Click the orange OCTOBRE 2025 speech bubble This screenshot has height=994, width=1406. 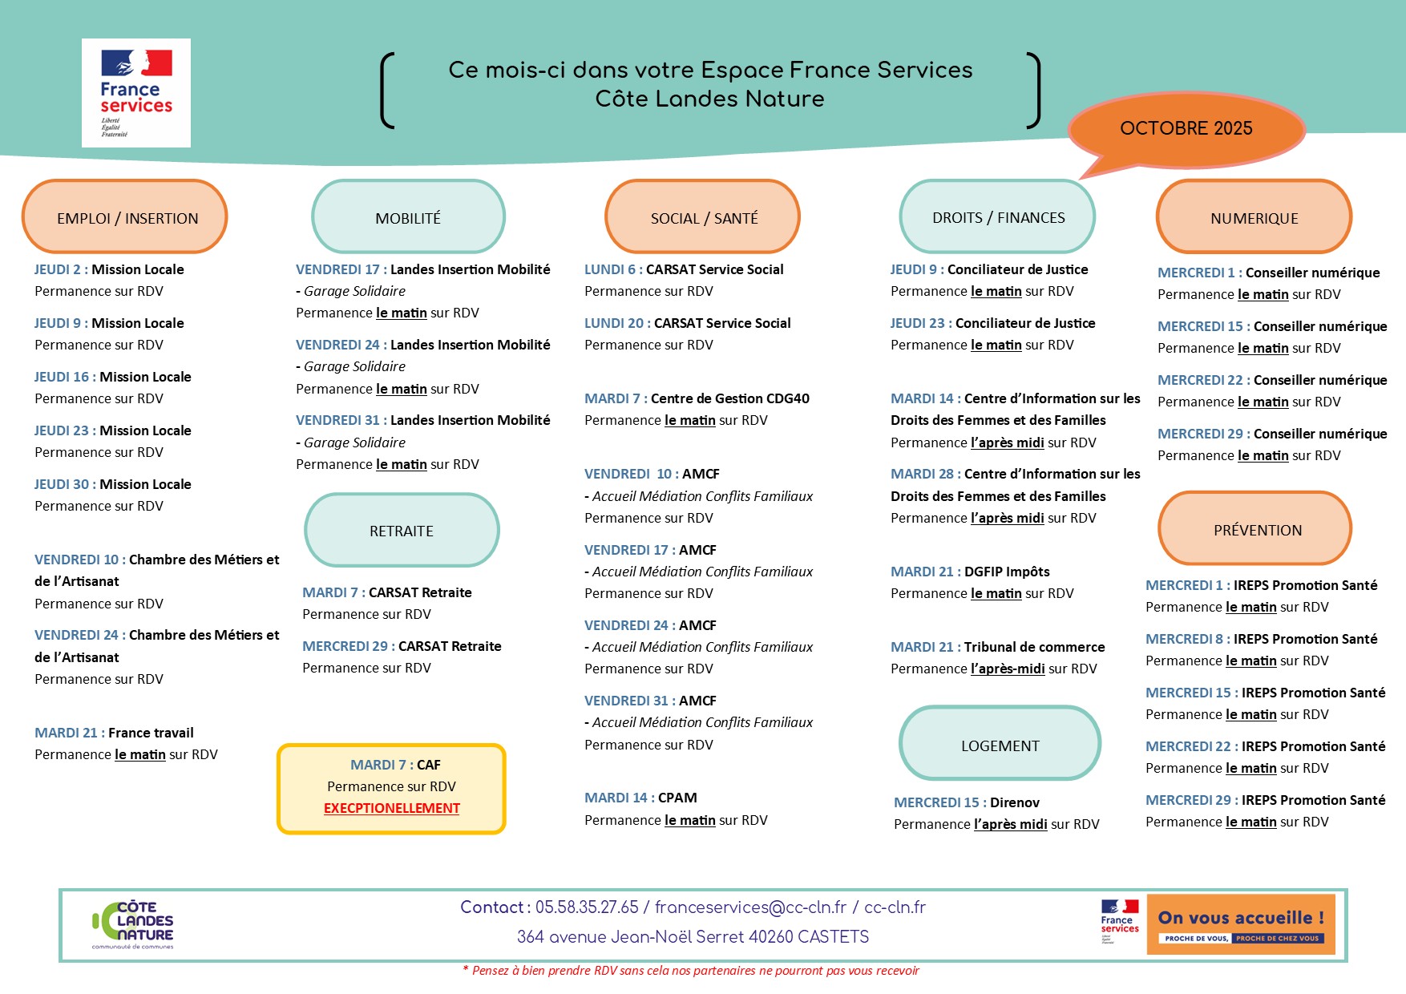click(1186, 129)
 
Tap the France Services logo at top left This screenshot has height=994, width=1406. click(136, 93)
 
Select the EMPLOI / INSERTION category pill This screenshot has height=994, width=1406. click(125, 217)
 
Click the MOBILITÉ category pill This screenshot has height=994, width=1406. click(408, 217)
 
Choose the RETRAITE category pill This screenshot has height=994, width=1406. click(402, 531)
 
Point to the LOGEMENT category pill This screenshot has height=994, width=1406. click(1000, 745)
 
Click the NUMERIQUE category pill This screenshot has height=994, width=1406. click(1254, 217)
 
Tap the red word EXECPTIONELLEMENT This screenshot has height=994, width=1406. click(391, 808)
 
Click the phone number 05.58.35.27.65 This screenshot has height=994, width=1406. click(587, 907)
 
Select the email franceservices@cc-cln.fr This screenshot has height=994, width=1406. click(750, 907)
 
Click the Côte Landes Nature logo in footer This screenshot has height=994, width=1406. click(134, 924)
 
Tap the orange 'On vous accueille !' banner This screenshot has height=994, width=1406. click(1240, 924)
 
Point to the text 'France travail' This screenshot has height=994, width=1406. click(151, 733)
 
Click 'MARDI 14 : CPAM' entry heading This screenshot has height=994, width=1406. click(640, 798)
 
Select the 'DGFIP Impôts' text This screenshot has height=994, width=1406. click(1007, 572)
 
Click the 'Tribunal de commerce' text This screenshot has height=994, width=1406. click(1034, 647)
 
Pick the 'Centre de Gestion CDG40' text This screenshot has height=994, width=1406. click(729, 398)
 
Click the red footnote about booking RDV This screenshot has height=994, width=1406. click(691, 971)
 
